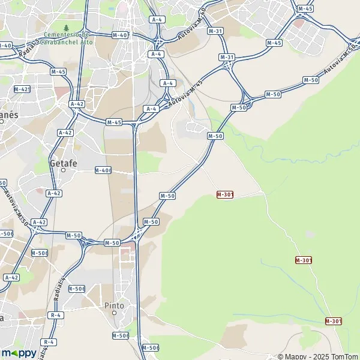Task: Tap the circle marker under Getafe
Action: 63,170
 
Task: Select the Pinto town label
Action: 114,305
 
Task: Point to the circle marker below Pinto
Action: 114,313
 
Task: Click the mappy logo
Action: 19,353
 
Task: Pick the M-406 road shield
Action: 104,170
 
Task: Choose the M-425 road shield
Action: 22,89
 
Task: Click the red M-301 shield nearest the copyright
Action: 334,321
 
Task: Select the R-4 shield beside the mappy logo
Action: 49,342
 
